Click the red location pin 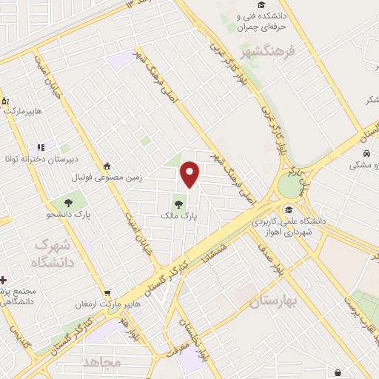click(x=190, y=174)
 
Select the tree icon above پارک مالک click(x=178, y=201)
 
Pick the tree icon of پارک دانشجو click(x=68, y=201)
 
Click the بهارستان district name click(x=272, y=301)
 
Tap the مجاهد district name click(x=101, y=362)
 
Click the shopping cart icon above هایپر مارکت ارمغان click(x=108, y=293)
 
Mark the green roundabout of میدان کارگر click(x=289, y=186)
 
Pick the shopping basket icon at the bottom click(x=338, y=372)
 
